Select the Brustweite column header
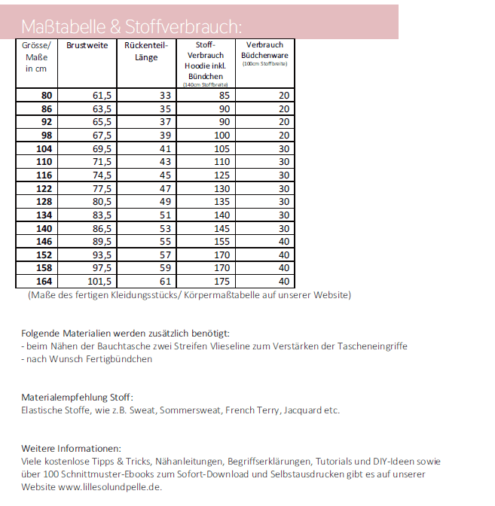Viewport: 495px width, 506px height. [87, 46]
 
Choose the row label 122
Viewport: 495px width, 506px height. [44, 188]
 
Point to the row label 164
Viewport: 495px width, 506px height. [44, 282]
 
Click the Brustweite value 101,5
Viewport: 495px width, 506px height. [99, 282]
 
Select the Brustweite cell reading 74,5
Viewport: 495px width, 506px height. [102, 175]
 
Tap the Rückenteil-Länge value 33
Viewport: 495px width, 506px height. [165, 96]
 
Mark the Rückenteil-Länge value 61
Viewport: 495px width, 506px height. [165, 282]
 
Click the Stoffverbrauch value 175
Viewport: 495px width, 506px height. [221, 282]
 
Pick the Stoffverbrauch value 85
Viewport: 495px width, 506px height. [224, 96]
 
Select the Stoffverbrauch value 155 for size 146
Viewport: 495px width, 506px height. [221, 242]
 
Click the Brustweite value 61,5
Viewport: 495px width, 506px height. [102, 96]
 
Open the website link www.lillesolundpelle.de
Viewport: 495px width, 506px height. [109, 486]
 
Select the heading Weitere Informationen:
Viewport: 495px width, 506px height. [71, 448]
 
